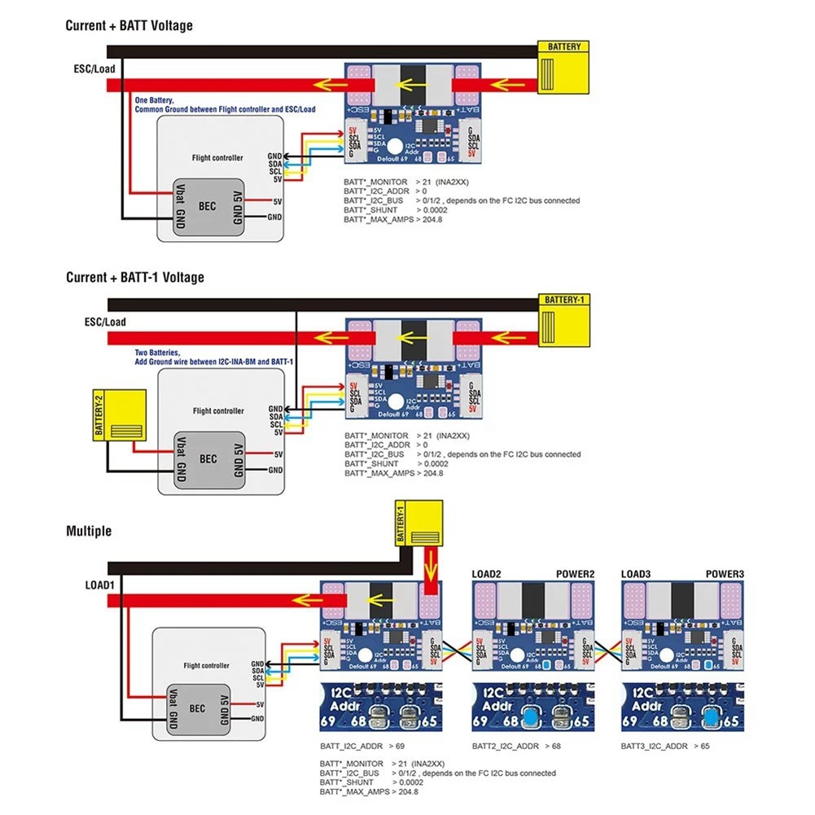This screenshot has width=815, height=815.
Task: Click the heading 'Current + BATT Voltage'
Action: [x=129, y=25]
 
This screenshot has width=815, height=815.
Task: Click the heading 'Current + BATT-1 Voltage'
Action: [x=135, y=277]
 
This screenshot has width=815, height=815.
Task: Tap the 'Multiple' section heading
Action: [x=89, y=531]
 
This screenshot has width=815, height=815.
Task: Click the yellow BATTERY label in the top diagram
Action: [x=564, y=46]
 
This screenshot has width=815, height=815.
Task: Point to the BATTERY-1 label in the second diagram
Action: [x=564, y=299]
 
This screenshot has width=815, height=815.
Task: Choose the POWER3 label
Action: [x=725, y=574]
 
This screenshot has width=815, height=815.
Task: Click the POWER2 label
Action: [x=576, y=574]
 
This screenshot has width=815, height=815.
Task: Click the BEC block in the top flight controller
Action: [x=208, y=207]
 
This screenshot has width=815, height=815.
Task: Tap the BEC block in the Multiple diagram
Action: [x=197, y=708]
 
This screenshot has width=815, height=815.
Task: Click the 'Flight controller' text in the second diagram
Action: [x=217, y=411]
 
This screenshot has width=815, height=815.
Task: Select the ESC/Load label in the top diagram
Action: [x=94, y=68]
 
